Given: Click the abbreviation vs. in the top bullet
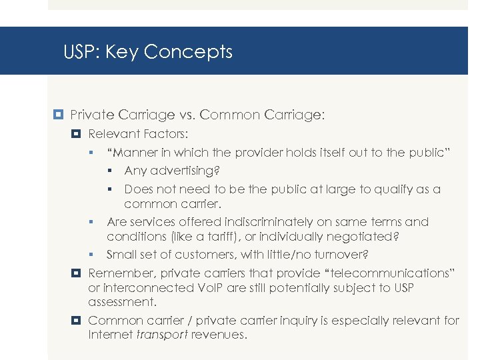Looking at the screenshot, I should pyautogui.click(x=185, y=115).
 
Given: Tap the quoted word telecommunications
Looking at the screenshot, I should pyautogui.click(x=385, y=273).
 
